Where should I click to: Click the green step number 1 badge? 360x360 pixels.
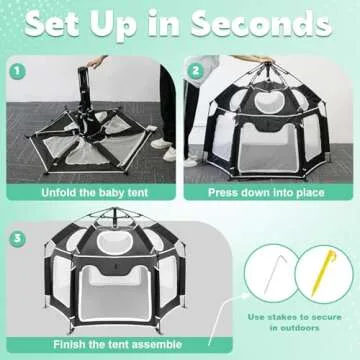coord(17,71)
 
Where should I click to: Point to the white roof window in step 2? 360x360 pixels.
coord(267,101)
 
